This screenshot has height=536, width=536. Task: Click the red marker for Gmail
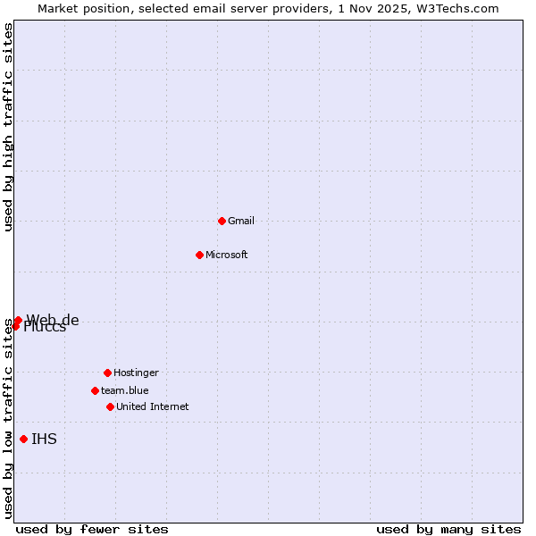click(x=222, y=221)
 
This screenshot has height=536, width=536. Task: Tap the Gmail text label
click(x=241, y=221)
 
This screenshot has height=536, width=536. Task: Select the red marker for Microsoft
click(x=199, y=255)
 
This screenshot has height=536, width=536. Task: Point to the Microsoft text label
click(x=227, y=255)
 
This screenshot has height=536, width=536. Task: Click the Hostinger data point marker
click(x=107, y=373)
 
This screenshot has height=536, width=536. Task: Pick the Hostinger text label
click(x=136, y=373)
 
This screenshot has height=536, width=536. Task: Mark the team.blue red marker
click(x=95, y=390)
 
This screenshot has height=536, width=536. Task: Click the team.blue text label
click(x=125, y=390)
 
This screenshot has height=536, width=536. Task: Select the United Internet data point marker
click(x=110, y=406)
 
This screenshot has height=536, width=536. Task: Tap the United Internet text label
click(x=153, y=406)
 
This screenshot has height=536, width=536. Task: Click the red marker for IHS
click(x=23, y=439)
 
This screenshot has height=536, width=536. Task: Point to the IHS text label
click(x=44, y=439)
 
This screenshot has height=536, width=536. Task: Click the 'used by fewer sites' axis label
click(x=92, y=529)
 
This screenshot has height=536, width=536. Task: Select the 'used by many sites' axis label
click(x=448, y=529)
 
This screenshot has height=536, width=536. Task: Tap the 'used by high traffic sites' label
click(x=8, y=127)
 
